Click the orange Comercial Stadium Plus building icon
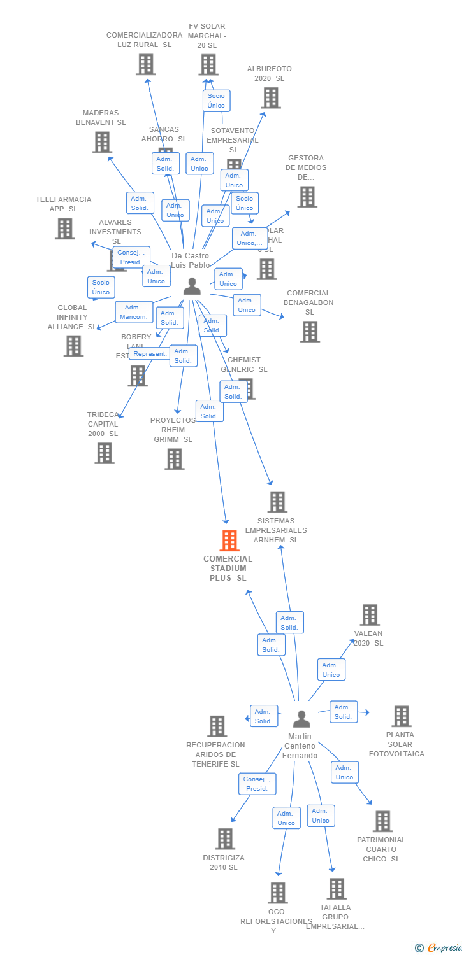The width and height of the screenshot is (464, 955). (229, 541)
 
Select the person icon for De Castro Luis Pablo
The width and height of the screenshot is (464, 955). (192, 287)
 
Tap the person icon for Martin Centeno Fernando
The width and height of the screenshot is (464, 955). (301, 719)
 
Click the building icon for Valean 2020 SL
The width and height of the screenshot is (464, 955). (370, 615)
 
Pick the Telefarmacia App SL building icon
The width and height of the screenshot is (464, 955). (65, 229)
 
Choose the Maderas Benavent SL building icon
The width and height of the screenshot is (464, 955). (102, 142)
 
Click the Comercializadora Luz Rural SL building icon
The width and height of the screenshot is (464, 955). (146, 64)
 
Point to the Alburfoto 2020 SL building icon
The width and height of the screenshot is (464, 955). (271, 97)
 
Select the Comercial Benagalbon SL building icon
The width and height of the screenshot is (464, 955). (310, 332)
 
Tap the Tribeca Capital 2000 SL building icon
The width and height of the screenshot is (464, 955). (105, 453)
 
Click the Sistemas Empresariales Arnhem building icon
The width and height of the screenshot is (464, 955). (277, 502)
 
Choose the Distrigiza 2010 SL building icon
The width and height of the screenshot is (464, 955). (225, 838)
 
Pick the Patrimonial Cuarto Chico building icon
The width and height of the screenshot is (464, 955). (382, 821)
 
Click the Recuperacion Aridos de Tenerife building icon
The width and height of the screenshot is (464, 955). (217, 726)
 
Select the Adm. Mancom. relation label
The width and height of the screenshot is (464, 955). (134, 312)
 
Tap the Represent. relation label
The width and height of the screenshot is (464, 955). (150, 354)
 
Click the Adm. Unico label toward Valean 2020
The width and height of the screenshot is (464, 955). (331, 670)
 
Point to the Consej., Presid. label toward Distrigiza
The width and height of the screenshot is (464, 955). (257, 784)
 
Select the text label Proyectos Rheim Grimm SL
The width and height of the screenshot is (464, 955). (173, 430)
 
